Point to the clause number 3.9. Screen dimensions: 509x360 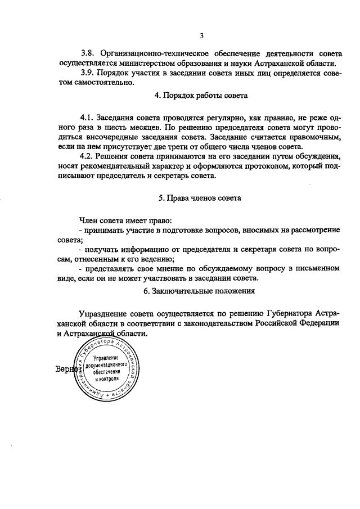pyautogui.click(x=88, y=73)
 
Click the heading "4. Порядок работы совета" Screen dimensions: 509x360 pyautogui.click(x=201, y=96)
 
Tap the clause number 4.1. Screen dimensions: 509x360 pyautogui.click(x=87, y=119)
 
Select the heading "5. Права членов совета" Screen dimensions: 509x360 pyautogui.click(x=200, y=199)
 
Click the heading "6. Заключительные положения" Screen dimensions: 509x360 pyautogui.click(x=200, y=291)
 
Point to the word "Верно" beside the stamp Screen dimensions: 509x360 pyautogui.click(x=65, y=370)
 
